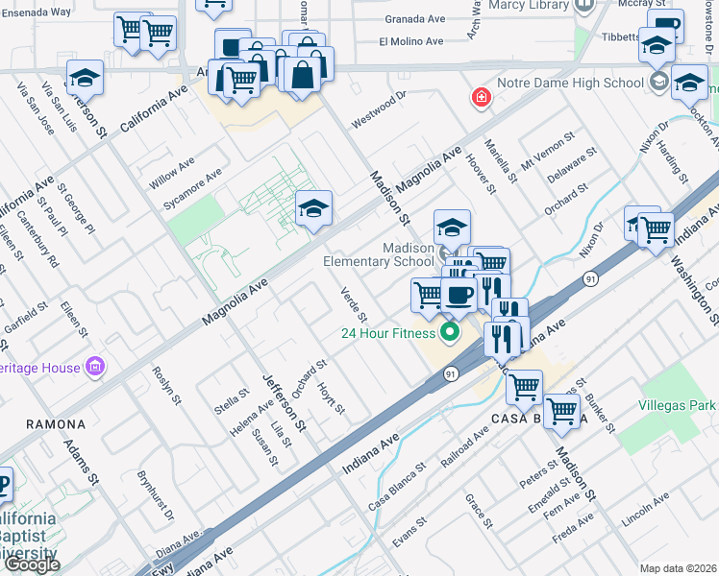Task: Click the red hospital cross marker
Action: (480, 97)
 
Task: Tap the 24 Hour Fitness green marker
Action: (448, 334)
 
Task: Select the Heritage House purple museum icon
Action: (94, 366)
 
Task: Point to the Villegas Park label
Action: (677, 406)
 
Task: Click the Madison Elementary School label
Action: (379, 254)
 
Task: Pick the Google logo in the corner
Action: (32, 564)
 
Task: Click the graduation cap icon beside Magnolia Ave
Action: (313, 208)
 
